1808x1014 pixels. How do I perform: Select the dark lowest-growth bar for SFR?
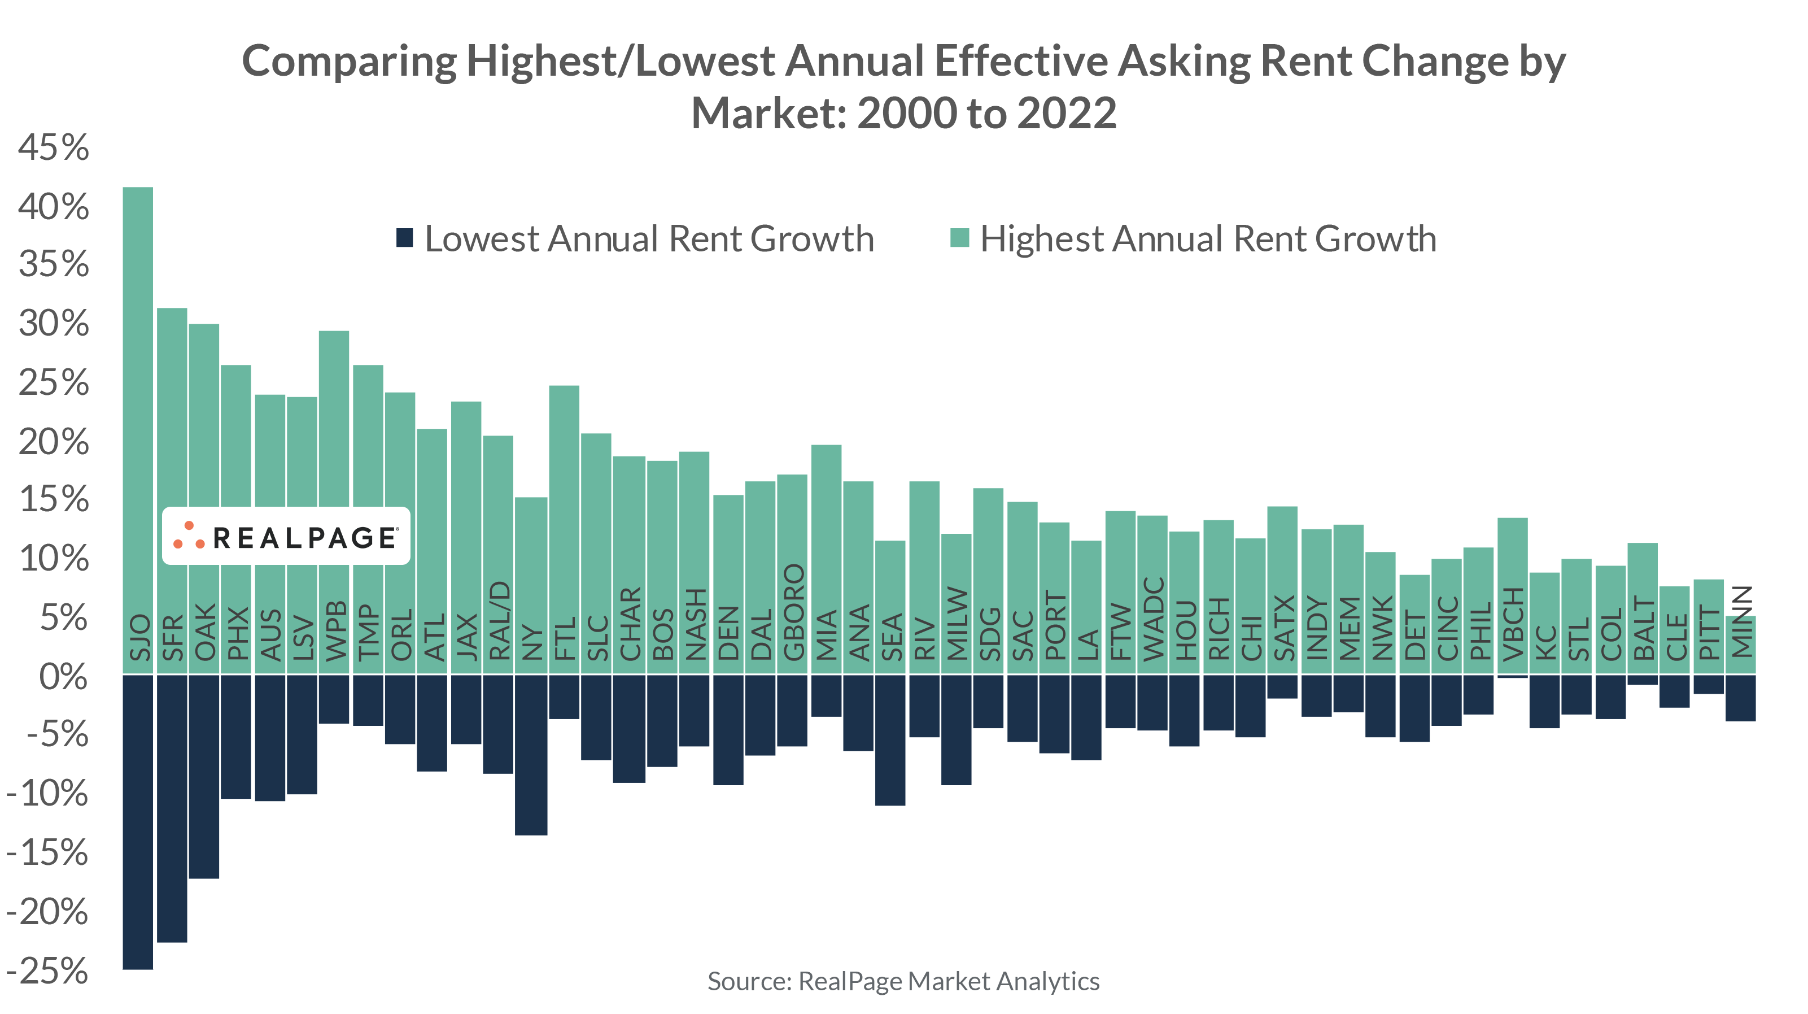click(172, 808)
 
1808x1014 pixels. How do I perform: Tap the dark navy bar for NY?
click(531, 755)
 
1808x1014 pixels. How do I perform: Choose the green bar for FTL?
click(564, 491)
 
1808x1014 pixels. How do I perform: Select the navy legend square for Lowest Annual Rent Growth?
click(404, 238)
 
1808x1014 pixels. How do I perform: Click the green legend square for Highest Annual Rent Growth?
click(959, 238)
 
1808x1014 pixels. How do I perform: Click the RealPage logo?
click(286, 537)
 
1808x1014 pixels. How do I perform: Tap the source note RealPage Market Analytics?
click(903, 981)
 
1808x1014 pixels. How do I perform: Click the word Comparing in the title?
click(349, 62)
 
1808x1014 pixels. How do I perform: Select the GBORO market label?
click(793, 612)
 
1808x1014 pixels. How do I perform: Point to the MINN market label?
click(1741, 622)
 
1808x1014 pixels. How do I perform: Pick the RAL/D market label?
click(499, 621)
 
